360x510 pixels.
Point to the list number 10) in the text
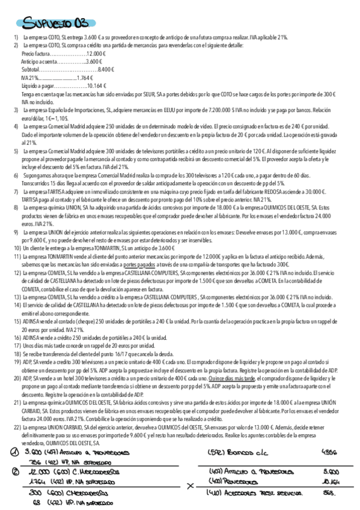coord(17,247)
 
